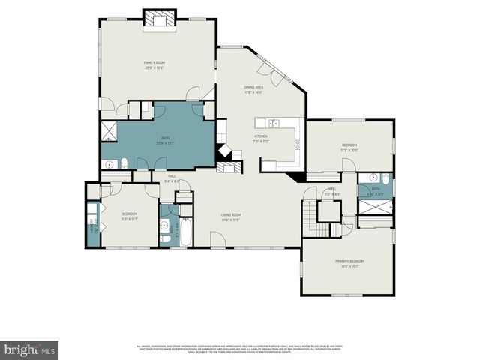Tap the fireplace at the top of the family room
(x=159, y=19)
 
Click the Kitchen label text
(x=260, y=136)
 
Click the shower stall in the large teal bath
(x=109, y=133)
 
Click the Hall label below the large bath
(x=172, y=177)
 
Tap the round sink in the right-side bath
(x=385, y=179)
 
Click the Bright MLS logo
(x=29, y=349)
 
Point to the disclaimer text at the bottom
(x=240, y=349)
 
